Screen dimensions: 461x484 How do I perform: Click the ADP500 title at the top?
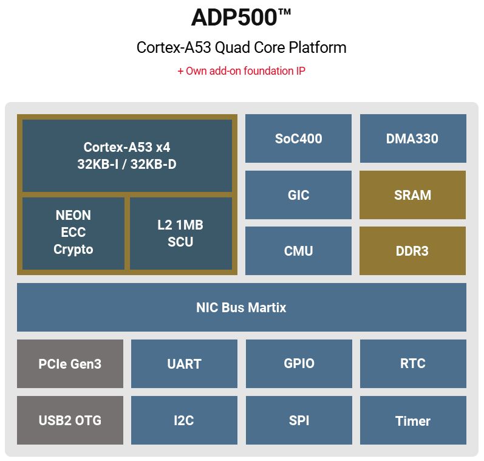click(241, 18)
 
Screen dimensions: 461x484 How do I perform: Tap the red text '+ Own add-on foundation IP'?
click(241, 71)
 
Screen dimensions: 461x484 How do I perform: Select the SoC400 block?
click(298, 138)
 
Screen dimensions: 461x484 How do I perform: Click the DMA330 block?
click(413, 138)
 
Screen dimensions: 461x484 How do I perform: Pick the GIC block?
click(298, 195)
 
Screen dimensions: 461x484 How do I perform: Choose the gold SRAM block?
click(413, 195)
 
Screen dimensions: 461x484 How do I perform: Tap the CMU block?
click(298, 251)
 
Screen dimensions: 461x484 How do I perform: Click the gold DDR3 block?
click(413, 251)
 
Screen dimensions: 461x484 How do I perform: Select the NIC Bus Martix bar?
click(241, 307)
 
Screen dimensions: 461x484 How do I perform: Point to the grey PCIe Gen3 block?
click(70, 364)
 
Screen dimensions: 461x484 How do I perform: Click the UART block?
click(184, 364)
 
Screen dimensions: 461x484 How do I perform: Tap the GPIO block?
click(299, 364)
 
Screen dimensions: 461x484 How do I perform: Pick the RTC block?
click(413, 364)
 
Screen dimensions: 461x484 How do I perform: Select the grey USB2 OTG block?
click(70, 420)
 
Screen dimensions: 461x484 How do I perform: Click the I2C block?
click(184, 420)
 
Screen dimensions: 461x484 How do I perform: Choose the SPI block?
click(299, 420)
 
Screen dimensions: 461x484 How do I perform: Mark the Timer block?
click(413, 420)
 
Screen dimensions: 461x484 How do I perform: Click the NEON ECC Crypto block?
click(73, 233)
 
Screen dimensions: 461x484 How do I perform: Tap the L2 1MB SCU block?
click(180, 233)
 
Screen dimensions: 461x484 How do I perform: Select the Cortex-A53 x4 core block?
click(127, 155)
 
